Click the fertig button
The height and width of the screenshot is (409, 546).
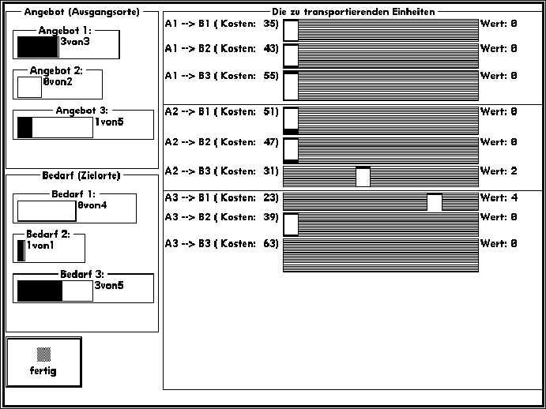point(44,362)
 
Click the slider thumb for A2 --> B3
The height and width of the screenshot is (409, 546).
point(363,177)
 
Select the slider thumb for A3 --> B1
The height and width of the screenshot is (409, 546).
point(435,202)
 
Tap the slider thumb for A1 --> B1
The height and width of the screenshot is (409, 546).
point(291,30)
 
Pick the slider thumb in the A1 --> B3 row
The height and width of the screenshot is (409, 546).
point(291,85)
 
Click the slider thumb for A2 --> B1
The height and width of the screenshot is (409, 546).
point(291,121)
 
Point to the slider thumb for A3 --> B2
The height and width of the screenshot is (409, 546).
point(291,224)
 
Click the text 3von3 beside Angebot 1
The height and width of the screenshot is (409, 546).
point(75,42)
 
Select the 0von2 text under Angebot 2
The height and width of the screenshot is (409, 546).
point(58,82)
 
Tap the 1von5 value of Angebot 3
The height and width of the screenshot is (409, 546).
point(109,122)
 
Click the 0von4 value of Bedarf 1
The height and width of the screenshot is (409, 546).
point(92,205)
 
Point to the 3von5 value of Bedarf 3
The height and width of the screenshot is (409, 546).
point(109,286)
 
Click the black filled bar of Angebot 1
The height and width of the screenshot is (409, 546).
point(38,47)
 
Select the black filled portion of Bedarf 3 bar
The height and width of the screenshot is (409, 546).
point(40,291)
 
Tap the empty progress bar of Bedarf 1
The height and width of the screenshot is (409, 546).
point(47,211)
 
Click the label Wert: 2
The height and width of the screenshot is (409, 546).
point(499,171)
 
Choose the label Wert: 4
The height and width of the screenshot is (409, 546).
point(499,197)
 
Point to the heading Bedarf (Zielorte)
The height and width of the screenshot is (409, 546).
point(81,175)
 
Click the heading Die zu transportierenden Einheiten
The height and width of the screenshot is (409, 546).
point(353,12)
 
